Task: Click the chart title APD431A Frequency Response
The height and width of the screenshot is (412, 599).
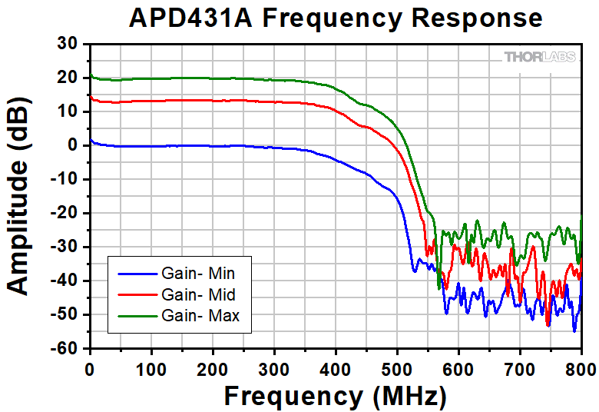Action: click(x=336, y=18)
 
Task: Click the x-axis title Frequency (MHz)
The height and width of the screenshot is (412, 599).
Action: click(x=335, y=397)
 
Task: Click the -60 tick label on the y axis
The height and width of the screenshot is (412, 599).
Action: click(x=65, y=349)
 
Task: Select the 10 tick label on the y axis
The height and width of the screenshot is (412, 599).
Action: click(x=68, y=111)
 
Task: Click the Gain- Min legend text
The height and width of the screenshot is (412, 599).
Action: click(x=198, y=273)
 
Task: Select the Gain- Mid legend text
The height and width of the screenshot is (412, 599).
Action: click(x=198, y=294)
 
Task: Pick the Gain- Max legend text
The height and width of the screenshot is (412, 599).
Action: click(x=200, y=315)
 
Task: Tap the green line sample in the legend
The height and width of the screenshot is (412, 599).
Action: click(x=137, y=315)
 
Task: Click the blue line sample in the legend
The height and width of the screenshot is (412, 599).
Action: click(x=137, y=273)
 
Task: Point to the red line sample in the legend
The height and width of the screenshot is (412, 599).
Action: click(x=137, y=294)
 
